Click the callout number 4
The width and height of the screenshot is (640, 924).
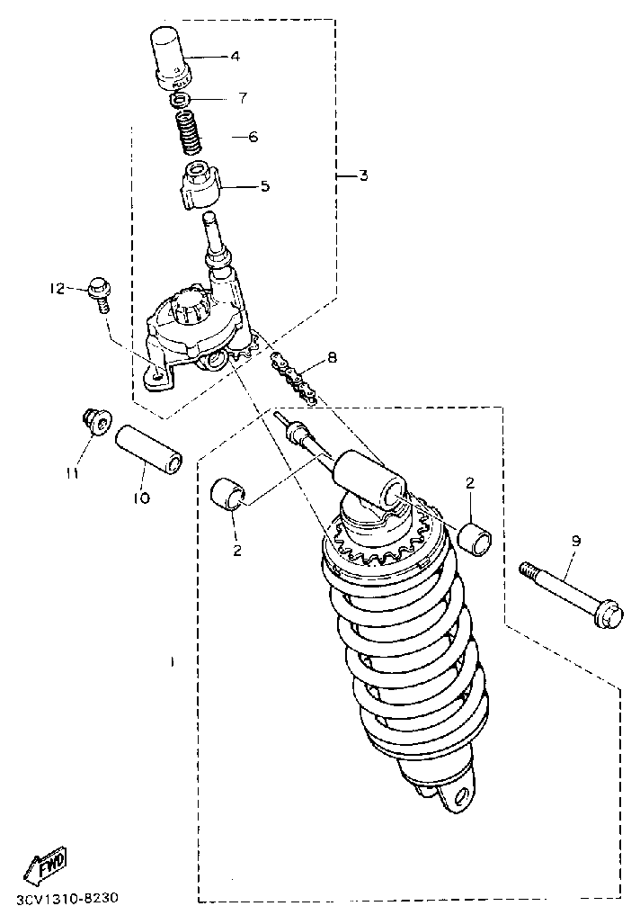[235, 57]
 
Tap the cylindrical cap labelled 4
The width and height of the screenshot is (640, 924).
[171, 58]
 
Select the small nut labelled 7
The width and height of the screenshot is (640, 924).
[181, 100]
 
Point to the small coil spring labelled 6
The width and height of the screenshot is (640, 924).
[190, 133]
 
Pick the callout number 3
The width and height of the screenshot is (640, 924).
[363, 175]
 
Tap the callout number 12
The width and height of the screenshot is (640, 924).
[57, 288]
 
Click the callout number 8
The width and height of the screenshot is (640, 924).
[332, 357]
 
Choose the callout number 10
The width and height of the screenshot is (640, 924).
[141, 498]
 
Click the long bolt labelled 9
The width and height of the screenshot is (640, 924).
[572, 596]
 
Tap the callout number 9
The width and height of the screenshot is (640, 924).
[575, 541]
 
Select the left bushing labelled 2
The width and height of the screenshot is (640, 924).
[230, 493]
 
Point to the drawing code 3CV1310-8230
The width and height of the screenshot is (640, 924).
[67, 899]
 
